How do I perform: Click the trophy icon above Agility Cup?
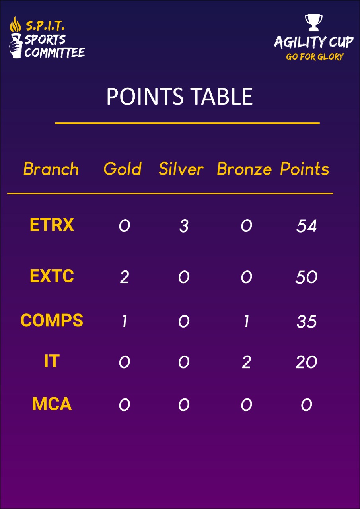(313, 23)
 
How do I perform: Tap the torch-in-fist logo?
(16, 37)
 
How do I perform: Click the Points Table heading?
(179, 96)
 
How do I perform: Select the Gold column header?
(123, 169)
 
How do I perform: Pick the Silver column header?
(181, 169)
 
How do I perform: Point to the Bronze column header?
(244, 169)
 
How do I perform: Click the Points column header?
(305, 169)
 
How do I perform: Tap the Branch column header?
(51, 169)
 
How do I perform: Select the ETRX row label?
(52, 225)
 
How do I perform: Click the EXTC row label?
(52, 276)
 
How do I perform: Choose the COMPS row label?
(52, 320)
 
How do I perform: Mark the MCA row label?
(52, 404)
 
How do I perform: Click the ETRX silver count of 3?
(184, 226)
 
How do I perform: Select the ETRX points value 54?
(306, 226)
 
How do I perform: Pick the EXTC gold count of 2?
(125, 277)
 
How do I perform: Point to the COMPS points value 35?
(306, 322)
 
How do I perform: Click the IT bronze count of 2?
(246, 362)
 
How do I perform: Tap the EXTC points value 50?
(306, 277)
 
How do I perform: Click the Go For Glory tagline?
(315, 56)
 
